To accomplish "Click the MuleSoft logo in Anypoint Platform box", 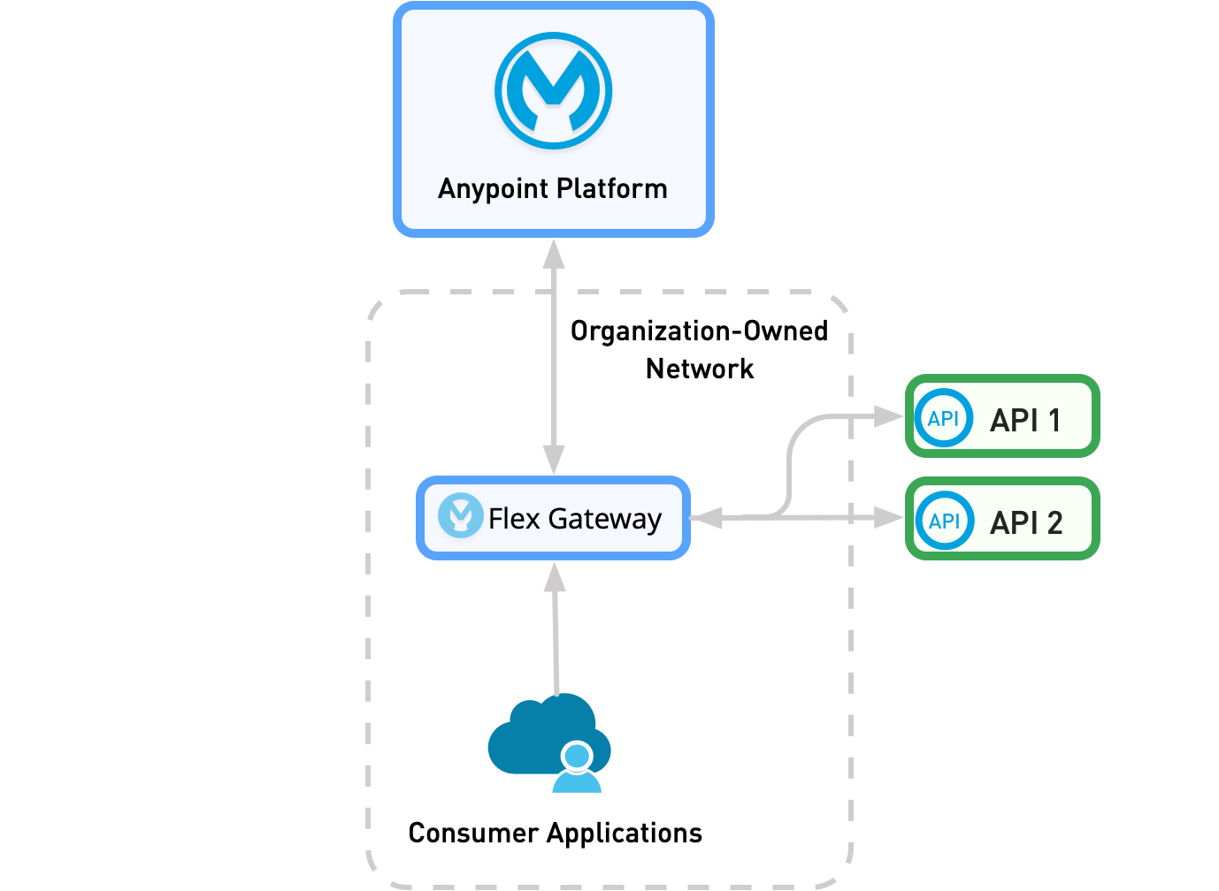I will pyautogui.click(x=553, y=91).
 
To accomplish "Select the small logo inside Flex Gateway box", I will pyautogui.click(x=460, y=515).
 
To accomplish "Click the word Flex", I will pyautogui.click(x=514, y=519).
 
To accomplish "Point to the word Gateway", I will pyautogui.click(x=605, y=520).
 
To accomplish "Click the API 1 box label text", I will pyautogui.click(x=1025, y=420).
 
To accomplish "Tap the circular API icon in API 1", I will pyautogui.click(x=943, y=418).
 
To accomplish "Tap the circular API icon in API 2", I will pyautogui.click(x=944, y=521).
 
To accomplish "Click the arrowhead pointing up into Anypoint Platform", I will pyautogui.click(x=554, y=254).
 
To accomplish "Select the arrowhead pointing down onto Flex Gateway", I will pyautogui.click(x=554, y=460).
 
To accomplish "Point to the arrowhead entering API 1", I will pyautogui.click(x=888, y=415).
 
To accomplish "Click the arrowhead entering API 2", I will pyautogui.click(x=888, y=517).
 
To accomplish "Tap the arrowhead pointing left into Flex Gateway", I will pyautogui.click(x=706, y=518).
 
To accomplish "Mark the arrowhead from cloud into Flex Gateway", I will pyautogui.click(x=555, y=578).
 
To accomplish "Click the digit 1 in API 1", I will pyautogui.click(x=1054, y=420).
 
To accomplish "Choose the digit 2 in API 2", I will pyautogui.click(x=1054, y=522).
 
